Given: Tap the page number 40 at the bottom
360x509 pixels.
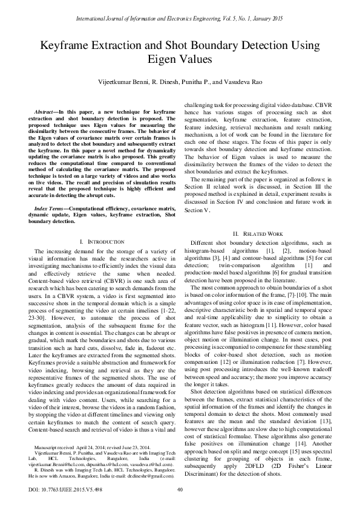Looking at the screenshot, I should (x=179, y=489).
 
